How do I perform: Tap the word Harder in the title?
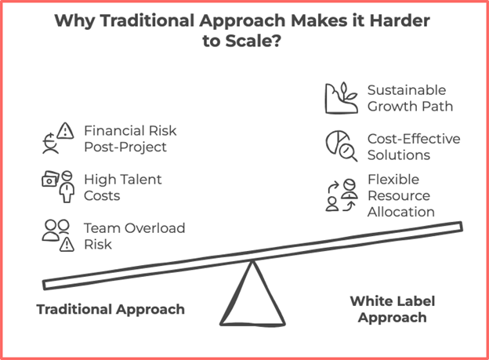[x=400, y=20]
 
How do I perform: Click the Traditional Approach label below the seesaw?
[x=110, y=310]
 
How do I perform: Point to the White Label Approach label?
[x=393, y=309]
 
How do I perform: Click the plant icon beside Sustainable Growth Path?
[x=342, y=98]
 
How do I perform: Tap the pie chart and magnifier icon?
[x=342, y=146]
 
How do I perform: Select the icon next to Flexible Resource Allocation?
[x=342, y=195]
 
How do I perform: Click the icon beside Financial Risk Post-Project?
[x=58, y=138]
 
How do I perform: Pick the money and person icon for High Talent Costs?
[x=58, y=187]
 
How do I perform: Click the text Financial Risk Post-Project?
[x=130, y=139]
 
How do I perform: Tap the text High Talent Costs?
[x=123, y=187]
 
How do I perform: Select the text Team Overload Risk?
[x=135, y=236]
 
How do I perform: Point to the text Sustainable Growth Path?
[x=410, y=98]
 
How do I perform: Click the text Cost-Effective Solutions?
[x=414, y=147]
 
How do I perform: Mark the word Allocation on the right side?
[x=401, y=212]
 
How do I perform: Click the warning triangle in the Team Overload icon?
[x=67, y=245]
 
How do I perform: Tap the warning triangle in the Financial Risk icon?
[x=66, y=130]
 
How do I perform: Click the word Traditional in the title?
[x=147, y=20]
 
